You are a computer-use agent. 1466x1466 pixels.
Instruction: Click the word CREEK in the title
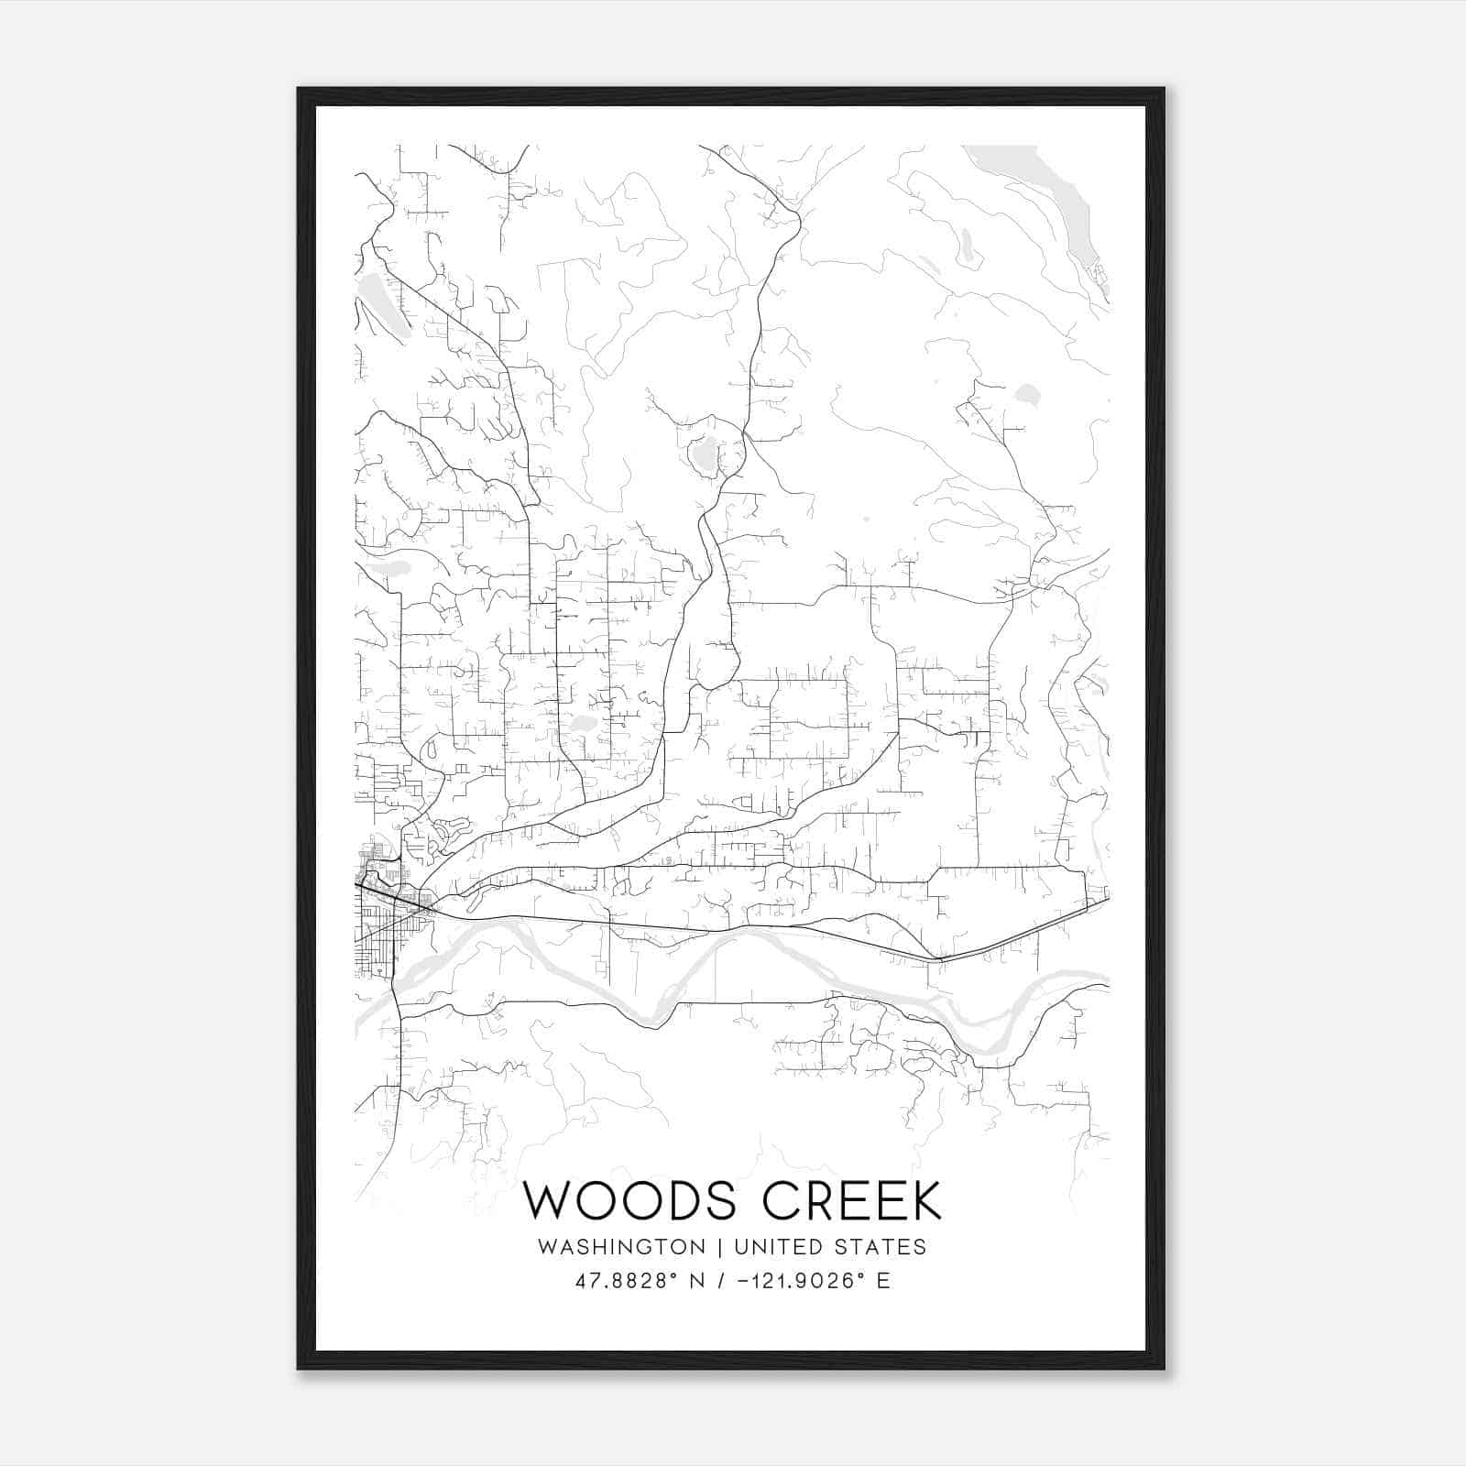pos(852,1200)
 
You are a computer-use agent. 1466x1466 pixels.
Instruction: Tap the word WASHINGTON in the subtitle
pos(622,1247)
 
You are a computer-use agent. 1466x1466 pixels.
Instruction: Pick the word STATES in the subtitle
pos(882,1247)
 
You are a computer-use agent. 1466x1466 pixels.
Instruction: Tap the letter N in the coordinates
pos(696,1281)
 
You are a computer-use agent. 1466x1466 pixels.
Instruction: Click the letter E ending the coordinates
pos(883,1281)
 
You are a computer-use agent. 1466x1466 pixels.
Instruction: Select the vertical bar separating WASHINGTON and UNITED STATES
pos(720,1247)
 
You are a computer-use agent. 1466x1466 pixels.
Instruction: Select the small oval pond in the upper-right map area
pos(1027,395)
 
